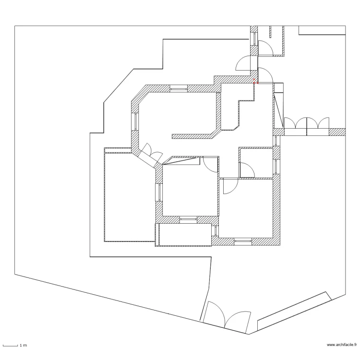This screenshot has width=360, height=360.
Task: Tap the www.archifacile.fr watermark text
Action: pyautogui.click(x=342, y=345)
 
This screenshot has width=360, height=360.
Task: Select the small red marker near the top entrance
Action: pyautogui.click(x=255, y=82)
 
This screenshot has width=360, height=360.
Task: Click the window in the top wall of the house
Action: pyautogui.click(x=178, y=88)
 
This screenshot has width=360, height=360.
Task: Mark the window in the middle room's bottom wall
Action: pyautogui.click(x=188, y=219)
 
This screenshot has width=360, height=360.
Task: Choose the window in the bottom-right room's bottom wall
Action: pyautogui.click(x=242, y=240)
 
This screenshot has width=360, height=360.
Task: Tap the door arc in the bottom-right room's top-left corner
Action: pyautogui.click(x=229, y=186)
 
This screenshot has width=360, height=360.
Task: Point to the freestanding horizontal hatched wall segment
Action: pyautogui.click(x=192, y=136)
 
